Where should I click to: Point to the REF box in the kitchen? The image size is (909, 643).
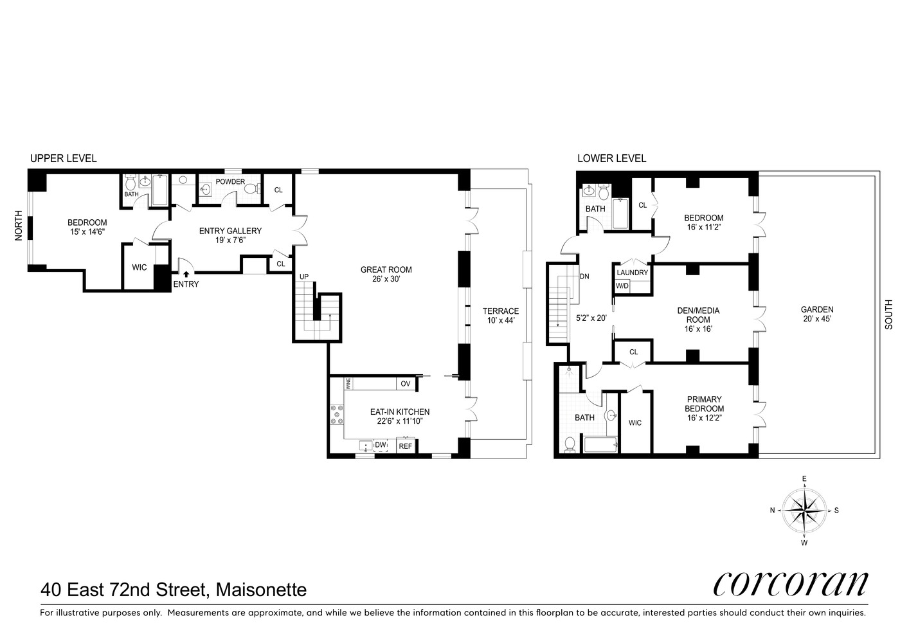406,446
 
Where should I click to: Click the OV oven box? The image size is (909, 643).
405,384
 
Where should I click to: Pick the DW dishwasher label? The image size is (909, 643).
381,445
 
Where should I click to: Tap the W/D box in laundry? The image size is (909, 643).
622,286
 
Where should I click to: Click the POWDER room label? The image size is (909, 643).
230,182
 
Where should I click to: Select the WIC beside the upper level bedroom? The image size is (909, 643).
139,267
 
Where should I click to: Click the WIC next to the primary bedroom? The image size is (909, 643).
635,423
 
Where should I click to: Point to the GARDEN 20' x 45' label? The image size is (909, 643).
817,314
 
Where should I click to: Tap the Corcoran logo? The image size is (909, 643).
790,583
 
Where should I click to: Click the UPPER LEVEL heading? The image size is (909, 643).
64,158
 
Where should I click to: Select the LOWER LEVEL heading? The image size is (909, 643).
611,158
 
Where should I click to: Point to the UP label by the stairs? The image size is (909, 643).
304,277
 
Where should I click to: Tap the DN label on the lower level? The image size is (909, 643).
584,277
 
